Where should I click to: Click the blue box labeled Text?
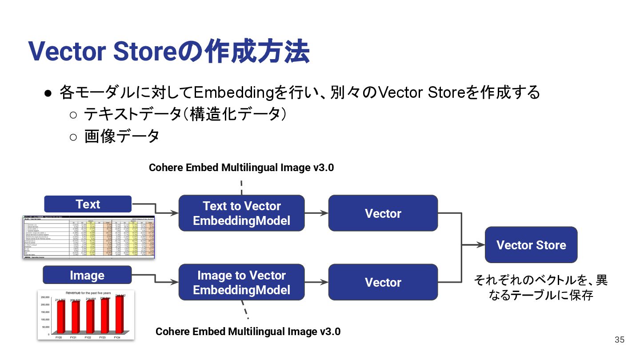coord(88,204)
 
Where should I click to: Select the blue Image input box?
coord(87,275)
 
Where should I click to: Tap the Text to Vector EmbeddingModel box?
coord(241,213)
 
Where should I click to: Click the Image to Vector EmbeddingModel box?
coord(241,283)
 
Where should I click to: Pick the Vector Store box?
coord(531,245)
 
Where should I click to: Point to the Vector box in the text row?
coord(383,213)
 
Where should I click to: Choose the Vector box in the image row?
coord(383,283)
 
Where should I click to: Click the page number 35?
coord(620,340)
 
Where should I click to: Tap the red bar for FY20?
coord(60,317)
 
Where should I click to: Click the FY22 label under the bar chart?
coord(88,338)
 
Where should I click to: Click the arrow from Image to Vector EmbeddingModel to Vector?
coord(316,283)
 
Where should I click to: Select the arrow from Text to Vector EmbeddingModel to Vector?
coord(316,213)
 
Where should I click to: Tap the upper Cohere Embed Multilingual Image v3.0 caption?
coord(241,168)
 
